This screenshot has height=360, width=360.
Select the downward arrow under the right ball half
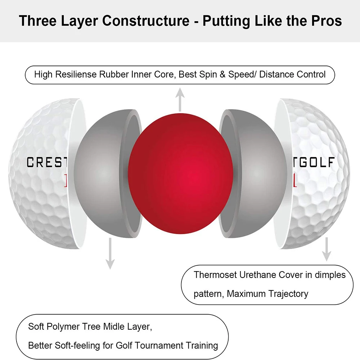click(326, 248)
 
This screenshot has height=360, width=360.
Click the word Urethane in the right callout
click(258, 275)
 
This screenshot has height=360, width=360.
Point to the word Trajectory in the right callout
click(288, 294)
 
